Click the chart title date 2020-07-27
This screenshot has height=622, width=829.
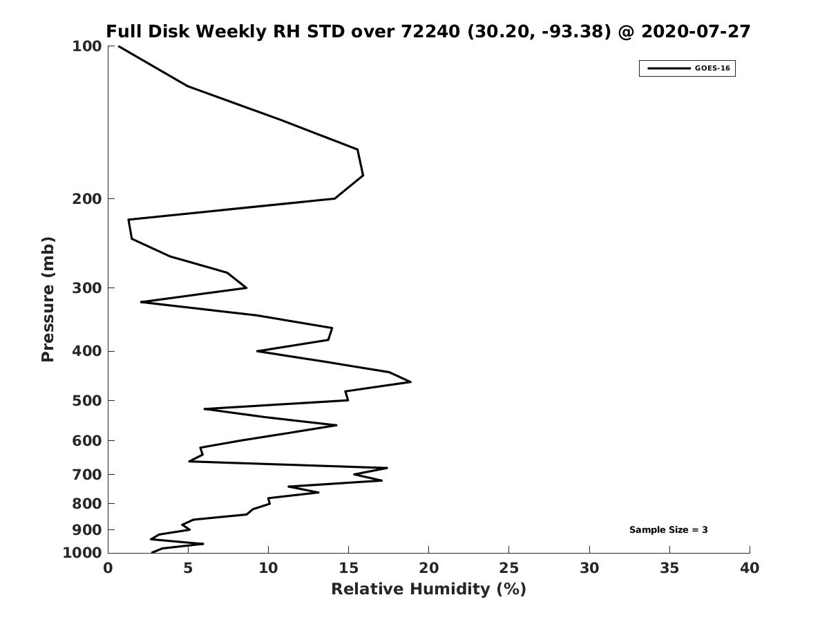point(696,32)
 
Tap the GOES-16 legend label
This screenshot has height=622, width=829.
point(712,68)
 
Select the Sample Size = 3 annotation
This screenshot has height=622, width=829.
point(668,530)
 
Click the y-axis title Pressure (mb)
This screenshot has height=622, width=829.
point(48,299)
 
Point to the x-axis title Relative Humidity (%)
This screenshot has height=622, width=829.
point(429,590)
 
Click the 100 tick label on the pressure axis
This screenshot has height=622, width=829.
point(87,46)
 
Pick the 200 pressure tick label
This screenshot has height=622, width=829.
point(87,198)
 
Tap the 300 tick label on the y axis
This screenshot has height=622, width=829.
point(87,288)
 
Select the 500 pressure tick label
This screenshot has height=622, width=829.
point(87,400)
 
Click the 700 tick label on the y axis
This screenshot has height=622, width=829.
point(87,474)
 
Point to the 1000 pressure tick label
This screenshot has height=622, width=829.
point(82,553)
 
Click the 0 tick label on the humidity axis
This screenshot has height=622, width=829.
point(108,568)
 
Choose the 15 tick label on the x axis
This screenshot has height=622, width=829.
point(349,568)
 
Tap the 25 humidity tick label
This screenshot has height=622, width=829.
point(508,568)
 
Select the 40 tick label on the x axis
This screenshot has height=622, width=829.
point(750,568)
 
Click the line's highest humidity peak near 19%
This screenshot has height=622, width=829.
point(410,381)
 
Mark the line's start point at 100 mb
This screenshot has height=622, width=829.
point(120,46)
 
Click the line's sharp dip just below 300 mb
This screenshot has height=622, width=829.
point(141,302)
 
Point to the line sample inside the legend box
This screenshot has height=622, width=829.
point(669,68)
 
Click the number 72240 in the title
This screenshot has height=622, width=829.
point(430,32)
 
